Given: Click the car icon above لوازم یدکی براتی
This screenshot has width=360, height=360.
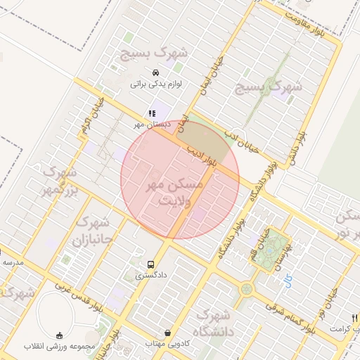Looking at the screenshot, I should (155, 72).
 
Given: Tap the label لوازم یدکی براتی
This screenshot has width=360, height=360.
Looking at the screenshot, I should (155, 84).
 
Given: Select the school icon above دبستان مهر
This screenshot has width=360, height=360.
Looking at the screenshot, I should (152, 113).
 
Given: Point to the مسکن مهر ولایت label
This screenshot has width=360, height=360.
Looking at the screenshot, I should (172, 191).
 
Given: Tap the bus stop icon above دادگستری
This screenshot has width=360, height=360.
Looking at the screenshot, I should (152, 264).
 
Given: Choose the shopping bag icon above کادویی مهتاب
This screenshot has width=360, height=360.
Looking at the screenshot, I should (167, 333).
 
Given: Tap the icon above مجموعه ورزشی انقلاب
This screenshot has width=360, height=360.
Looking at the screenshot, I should (59, 335).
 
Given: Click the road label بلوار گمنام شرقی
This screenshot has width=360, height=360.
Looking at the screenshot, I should (289, 317).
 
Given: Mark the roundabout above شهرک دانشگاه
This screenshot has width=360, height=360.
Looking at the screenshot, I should (246, 288).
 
